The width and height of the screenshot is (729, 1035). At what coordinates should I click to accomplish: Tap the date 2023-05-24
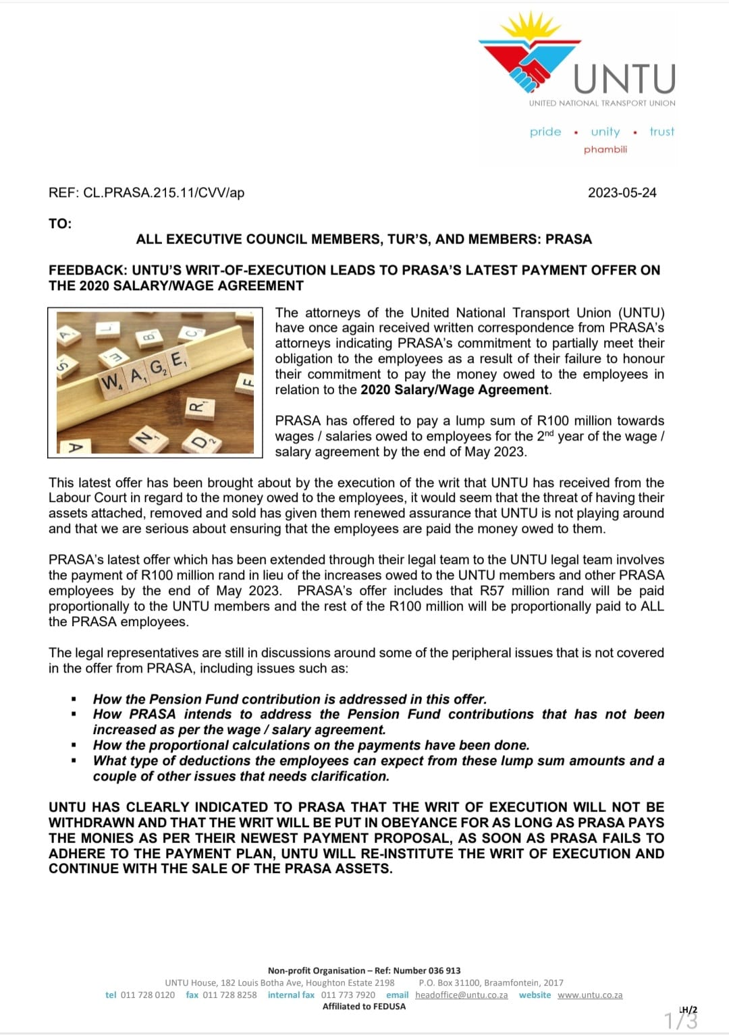[x=622, y=193]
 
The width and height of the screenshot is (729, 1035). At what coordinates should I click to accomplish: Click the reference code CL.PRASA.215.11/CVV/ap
[x=163, y=193]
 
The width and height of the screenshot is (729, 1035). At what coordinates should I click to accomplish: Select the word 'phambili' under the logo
[x=605, y=149]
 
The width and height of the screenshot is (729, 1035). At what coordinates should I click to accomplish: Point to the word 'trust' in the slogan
[x=661, y=132]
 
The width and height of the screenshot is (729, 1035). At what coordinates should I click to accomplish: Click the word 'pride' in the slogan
[x=545, y=132]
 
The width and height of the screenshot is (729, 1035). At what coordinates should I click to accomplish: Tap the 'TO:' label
[x=60, y=223]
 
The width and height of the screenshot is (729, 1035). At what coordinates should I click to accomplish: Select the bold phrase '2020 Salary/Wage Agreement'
[x=454, y=390]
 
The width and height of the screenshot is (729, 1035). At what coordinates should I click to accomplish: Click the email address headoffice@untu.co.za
[x=462, y=995]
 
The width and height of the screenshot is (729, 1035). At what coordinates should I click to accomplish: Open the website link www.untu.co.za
[x=590, y=995]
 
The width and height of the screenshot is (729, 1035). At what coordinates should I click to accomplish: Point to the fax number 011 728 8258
[x=230, y=995]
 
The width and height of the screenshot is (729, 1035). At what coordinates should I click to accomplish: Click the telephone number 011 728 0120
[x=147, y=995]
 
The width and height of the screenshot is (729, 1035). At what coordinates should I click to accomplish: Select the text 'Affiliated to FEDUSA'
[x=364, y=1007]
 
